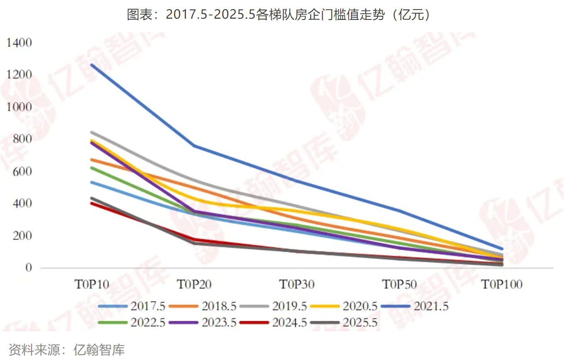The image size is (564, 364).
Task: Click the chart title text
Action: click(x=282, y=15)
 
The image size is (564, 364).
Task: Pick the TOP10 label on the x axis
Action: click(x=92, y=285)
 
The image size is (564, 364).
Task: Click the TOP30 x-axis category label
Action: click(x=297, y=285)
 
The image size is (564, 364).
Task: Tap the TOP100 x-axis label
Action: click(x=502, y=285)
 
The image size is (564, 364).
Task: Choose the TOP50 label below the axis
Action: click(x=399, y=285)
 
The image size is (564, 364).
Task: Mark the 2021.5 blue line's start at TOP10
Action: click(x=92, y=65)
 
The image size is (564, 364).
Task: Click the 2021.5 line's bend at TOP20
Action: click(x=194, y=146)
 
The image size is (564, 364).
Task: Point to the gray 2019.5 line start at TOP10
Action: click(x=92, y=133)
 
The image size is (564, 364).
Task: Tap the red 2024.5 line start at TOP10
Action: click(x=92, y=203)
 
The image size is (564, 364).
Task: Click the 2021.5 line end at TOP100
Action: click(x=502, y=249)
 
